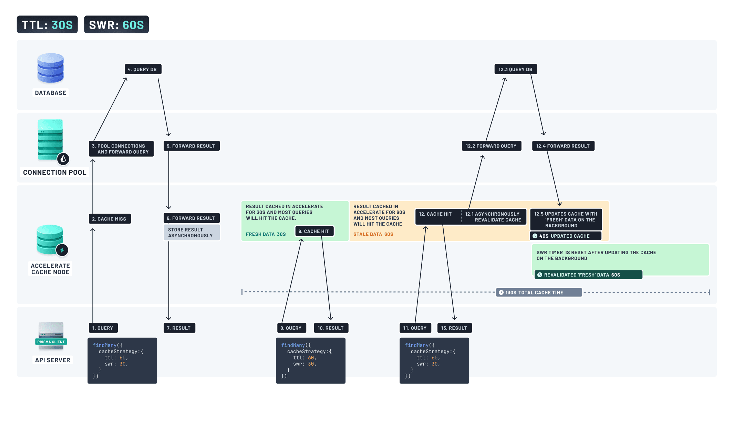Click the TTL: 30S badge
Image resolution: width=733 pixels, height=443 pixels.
47,25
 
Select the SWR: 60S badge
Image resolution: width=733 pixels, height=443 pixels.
116,25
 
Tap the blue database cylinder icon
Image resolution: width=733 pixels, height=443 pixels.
50,68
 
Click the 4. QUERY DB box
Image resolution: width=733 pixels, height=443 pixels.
143,69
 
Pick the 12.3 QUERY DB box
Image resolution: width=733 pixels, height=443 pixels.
515,69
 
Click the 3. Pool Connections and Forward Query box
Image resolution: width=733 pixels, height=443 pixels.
121,149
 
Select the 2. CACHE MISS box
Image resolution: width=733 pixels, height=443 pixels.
110,219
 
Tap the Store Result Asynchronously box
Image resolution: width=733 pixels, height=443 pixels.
192,233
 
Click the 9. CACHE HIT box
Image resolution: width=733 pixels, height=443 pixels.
314,231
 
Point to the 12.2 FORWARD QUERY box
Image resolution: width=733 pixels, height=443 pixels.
491,146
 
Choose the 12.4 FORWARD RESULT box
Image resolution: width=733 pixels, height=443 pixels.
563,146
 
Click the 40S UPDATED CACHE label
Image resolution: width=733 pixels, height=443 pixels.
565,236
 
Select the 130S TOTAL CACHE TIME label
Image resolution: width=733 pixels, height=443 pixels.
539,293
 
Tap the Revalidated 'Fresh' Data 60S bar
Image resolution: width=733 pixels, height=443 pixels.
588,275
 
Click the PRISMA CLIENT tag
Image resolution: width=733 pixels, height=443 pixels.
51,342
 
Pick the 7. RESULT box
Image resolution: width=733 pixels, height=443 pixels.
179,328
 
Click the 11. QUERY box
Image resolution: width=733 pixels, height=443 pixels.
415,328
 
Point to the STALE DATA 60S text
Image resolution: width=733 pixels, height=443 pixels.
373,234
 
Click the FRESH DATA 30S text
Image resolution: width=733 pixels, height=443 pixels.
266,234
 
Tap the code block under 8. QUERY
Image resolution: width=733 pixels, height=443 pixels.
310,360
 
